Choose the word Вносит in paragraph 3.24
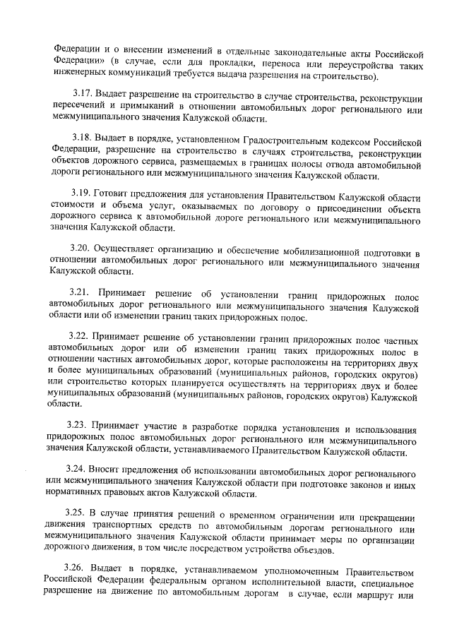(111, 468)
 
